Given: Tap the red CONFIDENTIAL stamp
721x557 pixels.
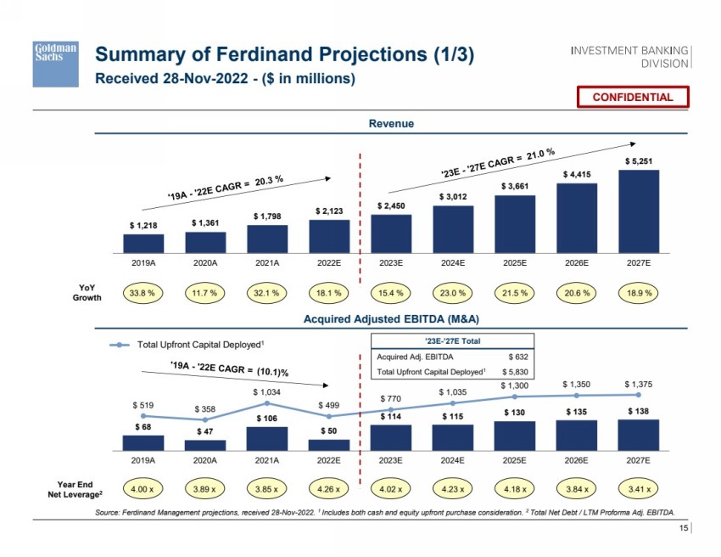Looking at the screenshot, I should tap(632, 97).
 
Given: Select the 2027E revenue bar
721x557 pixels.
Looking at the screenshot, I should tap(638, 211).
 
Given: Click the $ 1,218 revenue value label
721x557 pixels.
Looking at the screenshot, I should tap(143, 225).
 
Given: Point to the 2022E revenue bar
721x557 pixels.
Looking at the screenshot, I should tap(329, 236).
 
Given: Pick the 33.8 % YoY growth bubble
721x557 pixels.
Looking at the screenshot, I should tap(143, 294).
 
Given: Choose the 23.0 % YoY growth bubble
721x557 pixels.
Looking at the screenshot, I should tap(453, 294).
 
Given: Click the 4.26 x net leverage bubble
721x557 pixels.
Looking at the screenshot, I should tap(329, 489).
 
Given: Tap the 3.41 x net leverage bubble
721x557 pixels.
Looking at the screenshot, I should tap(638, 489).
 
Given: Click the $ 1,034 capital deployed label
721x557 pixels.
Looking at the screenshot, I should tap(267, 392).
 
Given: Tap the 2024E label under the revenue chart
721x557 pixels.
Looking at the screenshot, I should tap(453, 263).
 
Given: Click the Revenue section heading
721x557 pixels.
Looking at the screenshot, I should tap(391, 124).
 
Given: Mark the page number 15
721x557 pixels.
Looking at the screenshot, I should tap(682, 529).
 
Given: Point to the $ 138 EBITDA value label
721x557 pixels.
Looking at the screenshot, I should tap(638, 411).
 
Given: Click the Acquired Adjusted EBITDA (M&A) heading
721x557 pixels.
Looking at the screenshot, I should tap(391, 319).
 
